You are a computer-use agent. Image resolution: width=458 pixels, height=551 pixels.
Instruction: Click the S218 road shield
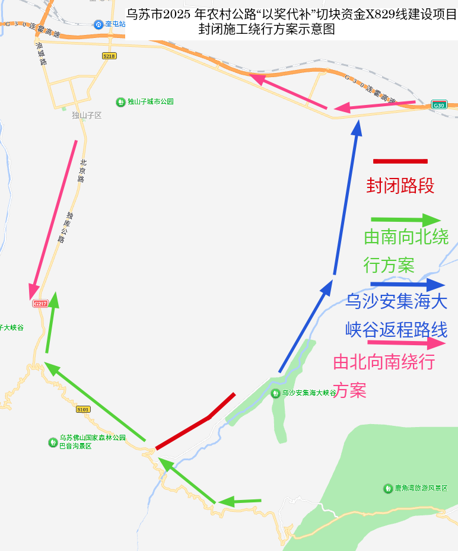109,56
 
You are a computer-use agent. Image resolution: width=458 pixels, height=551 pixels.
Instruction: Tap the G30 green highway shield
438,105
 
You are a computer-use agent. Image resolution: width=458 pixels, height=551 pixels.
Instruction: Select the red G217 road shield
40,304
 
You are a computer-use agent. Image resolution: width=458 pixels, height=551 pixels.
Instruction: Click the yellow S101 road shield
83,409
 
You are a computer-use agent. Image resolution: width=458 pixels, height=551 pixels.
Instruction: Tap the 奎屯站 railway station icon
98,24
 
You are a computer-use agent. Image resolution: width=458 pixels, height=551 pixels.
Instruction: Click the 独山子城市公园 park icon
120,102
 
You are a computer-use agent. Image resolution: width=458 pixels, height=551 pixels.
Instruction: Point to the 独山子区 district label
87,115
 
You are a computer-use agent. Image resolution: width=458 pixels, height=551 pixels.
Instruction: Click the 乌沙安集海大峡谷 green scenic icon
275,393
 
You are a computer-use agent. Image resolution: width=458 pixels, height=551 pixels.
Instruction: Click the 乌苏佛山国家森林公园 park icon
53,442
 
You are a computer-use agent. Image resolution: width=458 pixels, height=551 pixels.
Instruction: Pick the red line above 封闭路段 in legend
400,161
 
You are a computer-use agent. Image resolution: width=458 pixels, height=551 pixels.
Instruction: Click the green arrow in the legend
406,220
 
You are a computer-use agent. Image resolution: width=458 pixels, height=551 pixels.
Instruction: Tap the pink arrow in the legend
406,343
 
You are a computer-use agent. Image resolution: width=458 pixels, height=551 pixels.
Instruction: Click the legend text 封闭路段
400,186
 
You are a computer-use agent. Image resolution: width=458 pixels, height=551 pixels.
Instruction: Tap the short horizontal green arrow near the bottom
240,502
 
